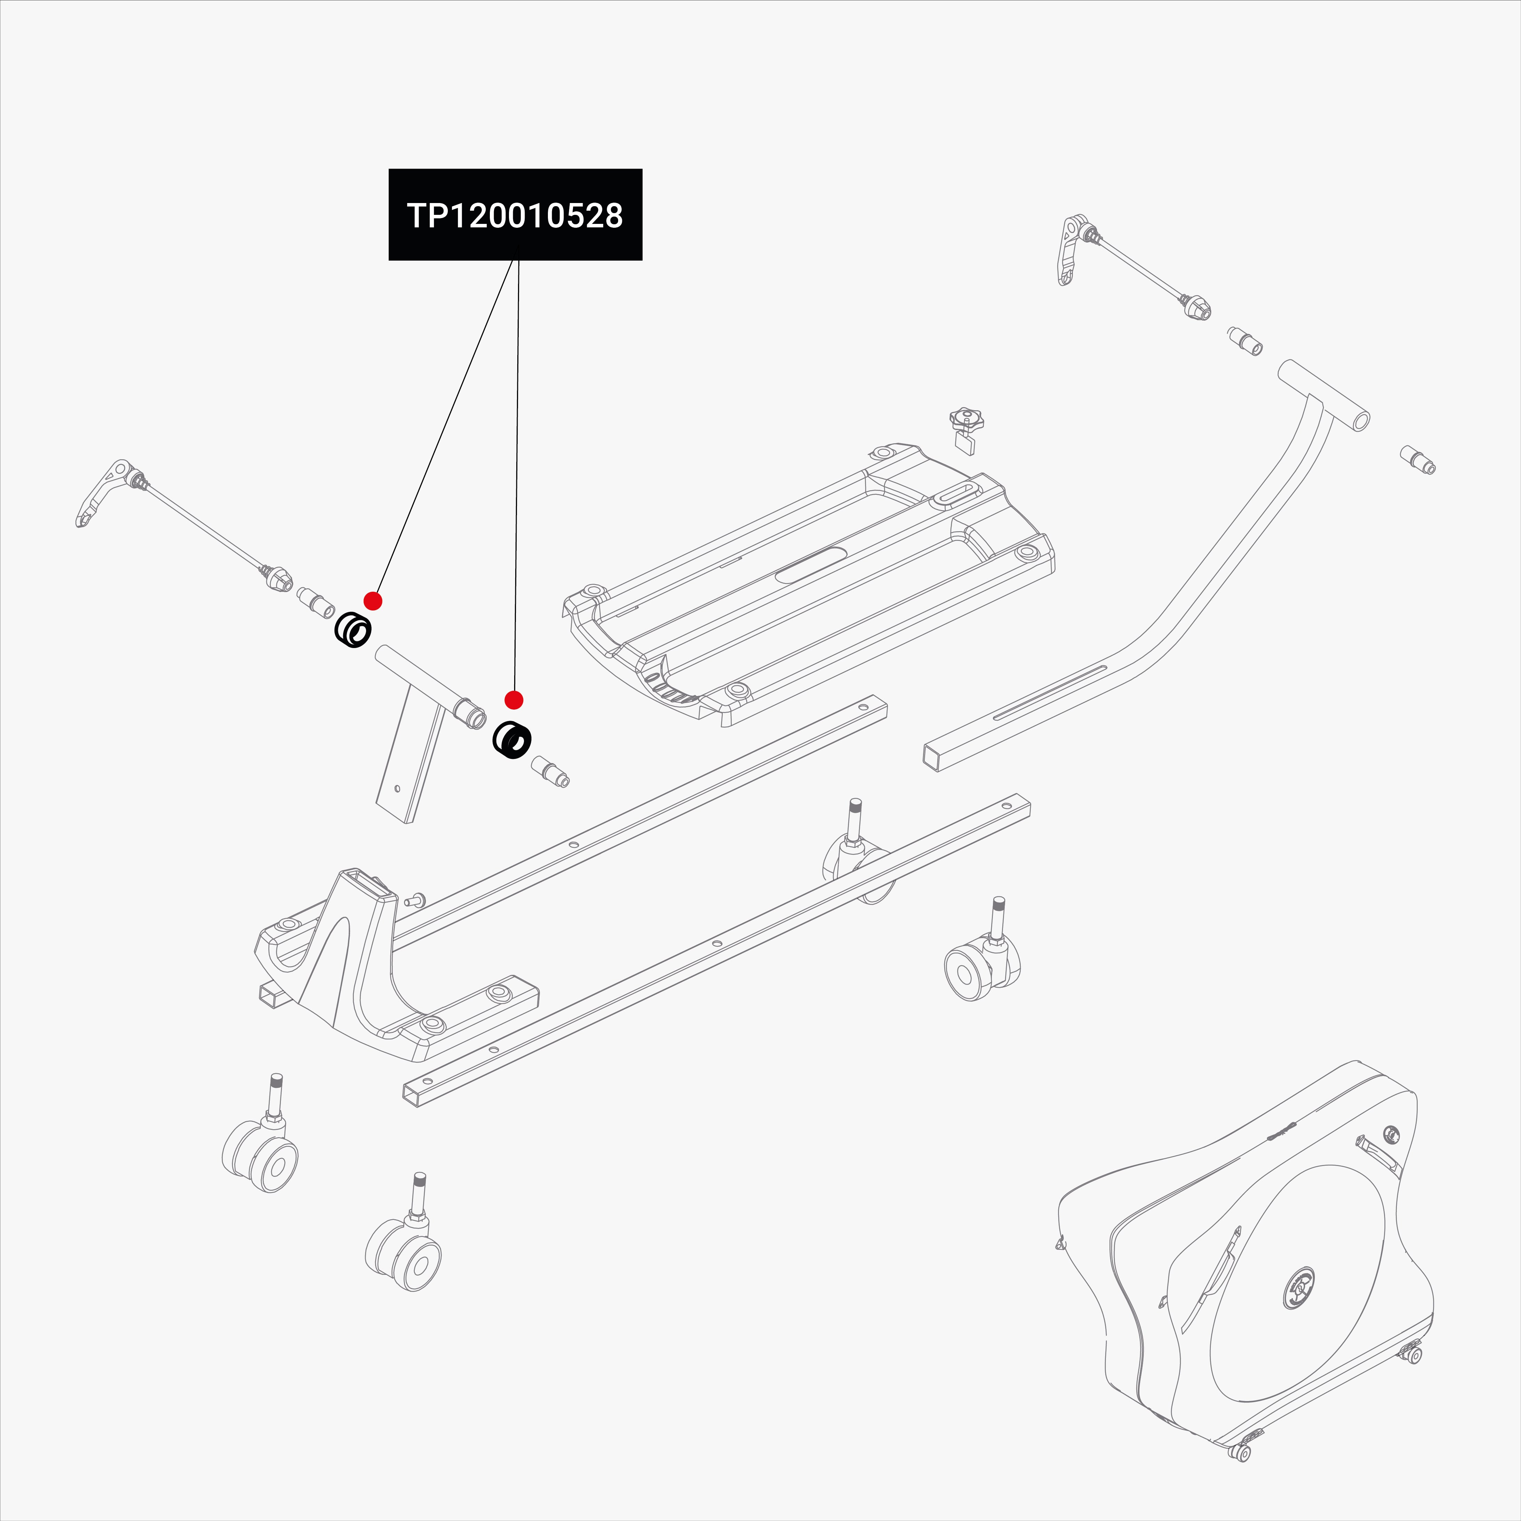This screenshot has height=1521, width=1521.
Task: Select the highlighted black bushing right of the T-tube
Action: [x=512, y=740]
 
